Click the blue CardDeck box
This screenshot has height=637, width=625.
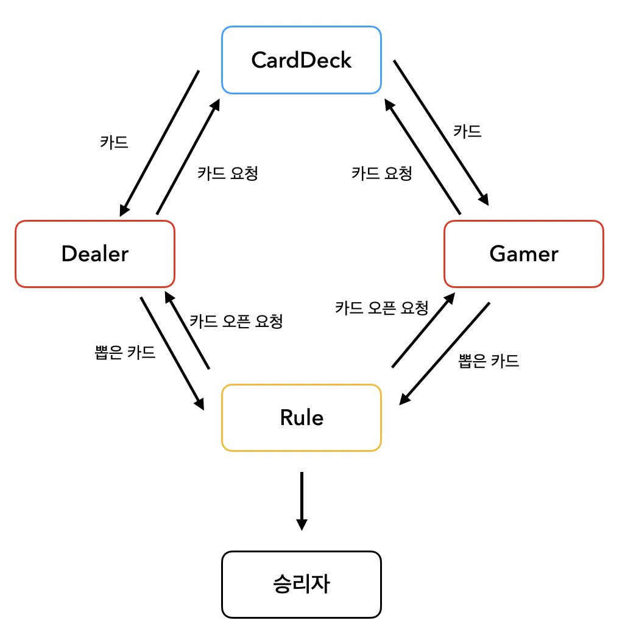click(302, 60)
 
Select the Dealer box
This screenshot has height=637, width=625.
click(95, 253)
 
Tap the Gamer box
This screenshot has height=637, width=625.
click(523, 253)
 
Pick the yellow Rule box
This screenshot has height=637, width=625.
click(302, 418)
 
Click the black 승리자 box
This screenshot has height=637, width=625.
click(302, 585)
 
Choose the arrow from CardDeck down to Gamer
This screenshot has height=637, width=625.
click(441, 133)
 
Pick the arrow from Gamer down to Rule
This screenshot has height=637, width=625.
click(444, 353)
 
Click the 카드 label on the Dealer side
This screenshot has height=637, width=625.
click(114, 142)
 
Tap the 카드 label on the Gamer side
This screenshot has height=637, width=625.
click(467, 131)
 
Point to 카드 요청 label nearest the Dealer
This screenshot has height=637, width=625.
click(228, 173)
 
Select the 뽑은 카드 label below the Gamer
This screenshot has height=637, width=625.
click(489, 361)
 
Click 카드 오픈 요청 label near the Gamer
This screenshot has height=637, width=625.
click(382, 308)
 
